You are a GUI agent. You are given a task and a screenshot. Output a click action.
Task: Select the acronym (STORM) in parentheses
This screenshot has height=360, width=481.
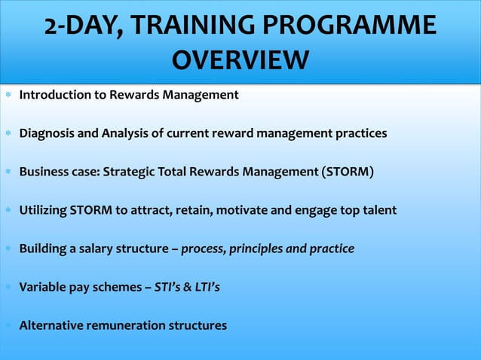[x=347, y=172]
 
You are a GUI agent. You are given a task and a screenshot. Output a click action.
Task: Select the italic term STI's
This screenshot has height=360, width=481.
[x=167, y=287]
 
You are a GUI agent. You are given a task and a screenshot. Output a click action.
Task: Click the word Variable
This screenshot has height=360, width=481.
[x=41, y=287]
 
